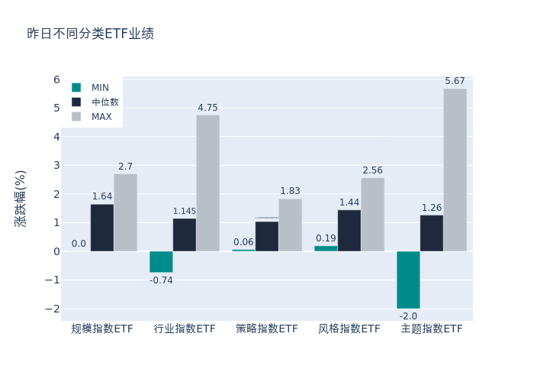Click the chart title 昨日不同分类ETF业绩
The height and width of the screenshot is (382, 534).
(90, 34)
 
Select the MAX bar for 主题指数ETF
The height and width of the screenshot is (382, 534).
(455, 170)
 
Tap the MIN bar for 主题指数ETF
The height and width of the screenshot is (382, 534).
(408, 280)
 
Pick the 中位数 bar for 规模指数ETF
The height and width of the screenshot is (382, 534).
(102, 228)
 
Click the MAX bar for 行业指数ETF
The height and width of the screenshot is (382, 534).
(207, 183)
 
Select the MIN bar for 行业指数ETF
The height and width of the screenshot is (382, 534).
(161, 262)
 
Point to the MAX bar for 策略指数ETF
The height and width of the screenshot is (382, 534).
(290, 225)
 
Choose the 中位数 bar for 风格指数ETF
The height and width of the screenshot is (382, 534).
(349, 231)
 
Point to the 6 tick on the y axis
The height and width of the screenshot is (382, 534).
(56, 79)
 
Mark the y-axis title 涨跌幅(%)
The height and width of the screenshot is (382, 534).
(21, 198)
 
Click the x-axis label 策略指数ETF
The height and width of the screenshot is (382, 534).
(267, 329)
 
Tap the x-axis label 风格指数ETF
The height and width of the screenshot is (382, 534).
(349, 329)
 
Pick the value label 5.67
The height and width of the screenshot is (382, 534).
(455, 81)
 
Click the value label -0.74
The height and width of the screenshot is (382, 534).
(161, 280)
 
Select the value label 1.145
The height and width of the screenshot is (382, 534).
(185, 212)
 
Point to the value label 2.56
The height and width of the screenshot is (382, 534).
(372, 170)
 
